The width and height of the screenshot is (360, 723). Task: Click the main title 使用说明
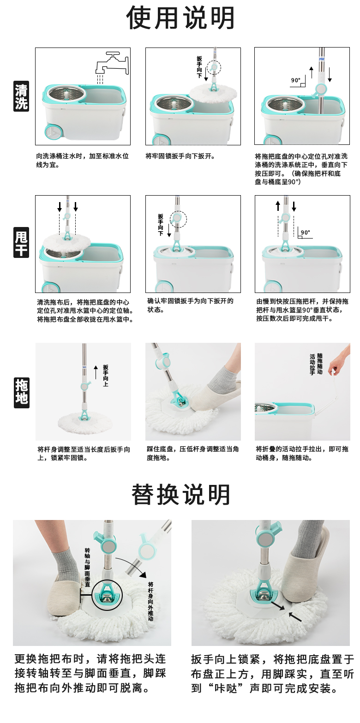180,18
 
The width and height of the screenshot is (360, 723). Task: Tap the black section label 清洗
21,96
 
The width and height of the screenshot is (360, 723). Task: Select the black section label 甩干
21,242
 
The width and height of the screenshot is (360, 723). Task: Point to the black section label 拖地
22,393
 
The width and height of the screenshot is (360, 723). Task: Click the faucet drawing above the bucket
112,65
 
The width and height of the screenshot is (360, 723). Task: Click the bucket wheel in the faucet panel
53,133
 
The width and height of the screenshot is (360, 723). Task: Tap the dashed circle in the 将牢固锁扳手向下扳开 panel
214,68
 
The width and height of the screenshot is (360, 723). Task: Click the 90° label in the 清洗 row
295,80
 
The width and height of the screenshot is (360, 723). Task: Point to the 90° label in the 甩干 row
305,233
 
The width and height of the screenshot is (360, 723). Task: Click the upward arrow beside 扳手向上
96,372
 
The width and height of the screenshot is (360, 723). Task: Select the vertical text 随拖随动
320,364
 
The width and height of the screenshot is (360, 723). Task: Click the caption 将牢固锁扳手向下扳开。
180,156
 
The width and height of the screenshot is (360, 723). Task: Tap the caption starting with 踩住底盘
193,453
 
